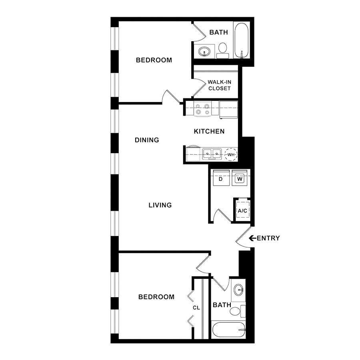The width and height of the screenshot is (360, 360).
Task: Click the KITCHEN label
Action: coord(209,131)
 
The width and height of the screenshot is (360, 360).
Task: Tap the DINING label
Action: coord(147,140)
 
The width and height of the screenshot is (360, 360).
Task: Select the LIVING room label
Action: coord(160,205)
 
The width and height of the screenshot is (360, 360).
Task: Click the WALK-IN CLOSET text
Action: coord(220,85)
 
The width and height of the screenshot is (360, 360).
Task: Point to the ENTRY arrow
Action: coord(252,238)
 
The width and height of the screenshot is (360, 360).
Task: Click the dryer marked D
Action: coord(221,178)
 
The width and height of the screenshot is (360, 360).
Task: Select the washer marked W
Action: coord(240,178)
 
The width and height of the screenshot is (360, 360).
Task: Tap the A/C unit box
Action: coord(243,210)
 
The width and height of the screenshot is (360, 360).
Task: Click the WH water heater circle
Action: coord(231,154)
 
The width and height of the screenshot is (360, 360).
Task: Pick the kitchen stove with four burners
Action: coord(202,109)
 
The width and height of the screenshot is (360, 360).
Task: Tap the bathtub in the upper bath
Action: coord(242,40)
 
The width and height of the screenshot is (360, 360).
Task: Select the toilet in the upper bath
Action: coord(222,50)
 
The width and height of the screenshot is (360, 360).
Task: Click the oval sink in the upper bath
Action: coord(204,51)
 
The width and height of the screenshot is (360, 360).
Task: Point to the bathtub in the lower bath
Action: coord(229,330)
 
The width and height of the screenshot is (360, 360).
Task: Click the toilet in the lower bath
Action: coord(237,311)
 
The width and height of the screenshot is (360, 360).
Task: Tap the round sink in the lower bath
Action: coord(239,290)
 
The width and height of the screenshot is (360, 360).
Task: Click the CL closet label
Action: coord(196,308)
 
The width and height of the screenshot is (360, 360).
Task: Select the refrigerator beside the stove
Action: coord(228,110)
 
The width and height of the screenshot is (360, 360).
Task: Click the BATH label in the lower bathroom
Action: coord(222,305)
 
